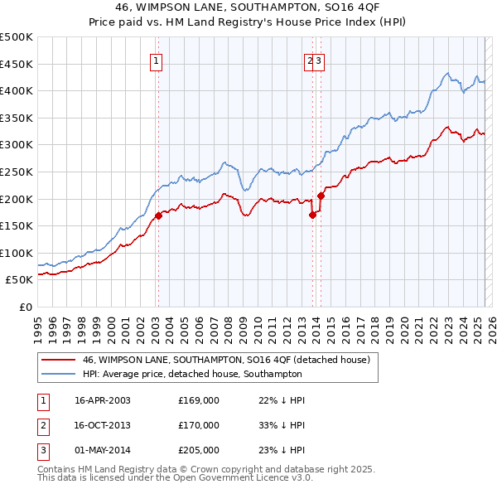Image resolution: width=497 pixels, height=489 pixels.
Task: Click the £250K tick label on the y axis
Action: coord(17,172)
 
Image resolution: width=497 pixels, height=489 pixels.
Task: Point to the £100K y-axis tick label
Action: coord(17,253)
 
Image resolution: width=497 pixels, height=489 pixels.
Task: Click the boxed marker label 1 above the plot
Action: coord(157,60)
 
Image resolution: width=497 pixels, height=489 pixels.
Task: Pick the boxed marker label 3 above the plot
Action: coord(319,60)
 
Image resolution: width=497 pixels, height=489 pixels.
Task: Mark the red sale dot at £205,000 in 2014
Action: coord(321,196)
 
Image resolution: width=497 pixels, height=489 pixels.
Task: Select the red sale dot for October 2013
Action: coord(312,215)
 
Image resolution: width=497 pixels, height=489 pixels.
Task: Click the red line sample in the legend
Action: coord(57,360)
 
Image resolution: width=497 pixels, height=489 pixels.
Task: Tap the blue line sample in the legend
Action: coord(57,374)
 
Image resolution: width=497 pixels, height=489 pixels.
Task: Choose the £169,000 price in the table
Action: coord(199,399)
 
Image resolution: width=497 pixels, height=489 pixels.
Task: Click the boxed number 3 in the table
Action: coord(42,451)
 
